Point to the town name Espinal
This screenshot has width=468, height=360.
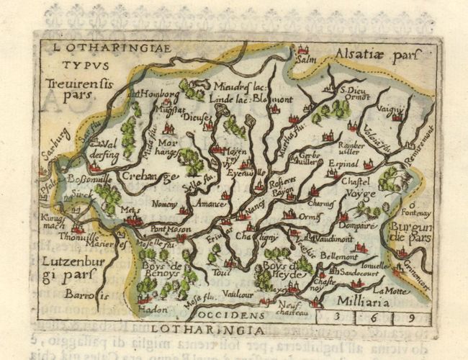pos(343,163)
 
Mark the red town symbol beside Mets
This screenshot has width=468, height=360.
pos(132,220)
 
